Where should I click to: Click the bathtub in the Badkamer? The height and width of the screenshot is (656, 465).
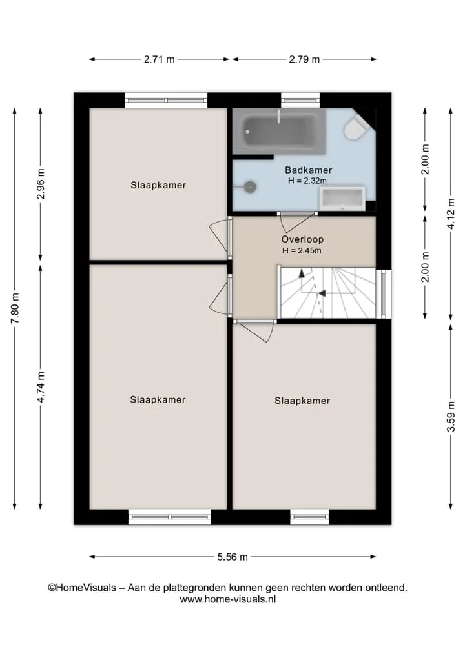click(x=278, y=132)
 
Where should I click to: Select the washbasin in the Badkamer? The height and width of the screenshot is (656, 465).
click(x=342, y=198)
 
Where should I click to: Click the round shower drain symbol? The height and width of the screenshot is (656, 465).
click(x=251, y=186)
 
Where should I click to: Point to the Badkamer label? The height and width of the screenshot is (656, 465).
click(x=308, y=170)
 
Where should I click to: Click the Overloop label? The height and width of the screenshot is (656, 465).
click(x=302, y=239)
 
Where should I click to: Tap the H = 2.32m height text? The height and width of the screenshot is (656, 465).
click(x=307, y=181)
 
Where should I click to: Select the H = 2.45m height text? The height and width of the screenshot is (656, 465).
click(x=302, y=251)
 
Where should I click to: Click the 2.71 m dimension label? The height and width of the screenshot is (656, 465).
click(x=159, y=59)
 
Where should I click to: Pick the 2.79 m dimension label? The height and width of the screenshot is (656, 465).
click(x=304, y=59)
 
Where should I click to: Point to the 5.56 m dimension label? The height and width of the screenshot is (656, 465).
click(x=232, y=557)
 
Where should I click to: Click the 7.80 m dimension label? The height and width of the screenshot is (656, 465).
click(x=15, y=308)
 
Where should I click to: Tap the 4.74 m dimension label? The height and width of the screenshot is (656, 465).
click(x=41, y=387)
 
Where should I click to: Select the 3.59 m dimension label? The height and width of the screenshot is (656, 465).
click(x=451, y=416)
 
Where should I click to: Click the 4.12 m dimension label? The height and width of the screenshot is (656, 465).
click(x=451, y=214)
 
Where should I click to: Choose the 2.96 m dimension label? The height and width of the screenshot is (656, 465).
click(x=41, y=184)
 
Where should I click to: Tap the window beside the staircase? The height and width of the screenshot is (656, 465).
click(x=384, y=293)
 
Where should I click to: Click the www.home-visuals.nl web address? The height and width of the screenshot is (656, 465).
click(x=228, y=599)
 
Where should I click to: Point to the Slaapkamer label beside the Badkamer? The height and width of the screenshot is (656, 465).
click(x=158, y=185)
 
